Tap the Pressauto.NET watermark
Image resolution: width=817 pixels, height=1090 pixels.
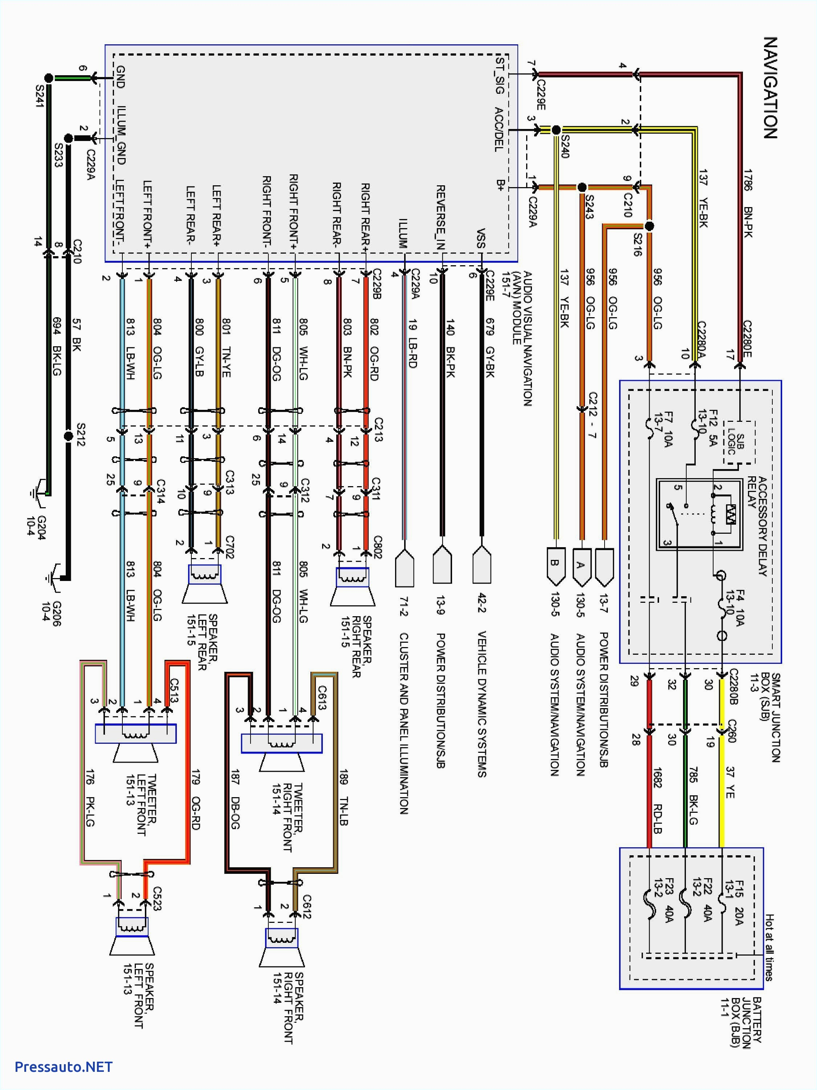(64, 1067)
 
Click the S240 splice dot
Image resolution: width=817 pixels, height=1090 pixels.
(556, 130)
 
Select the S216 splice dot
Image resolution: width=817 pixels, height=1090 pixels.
(649, 226)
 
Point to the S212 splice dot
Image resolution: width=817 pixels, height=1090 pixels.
(69, 436)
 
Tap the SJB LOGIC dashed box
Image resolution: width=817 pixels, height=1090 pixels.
(739, 442)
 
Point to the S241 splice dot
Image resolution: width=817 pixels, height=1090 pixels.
(48, 78)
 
